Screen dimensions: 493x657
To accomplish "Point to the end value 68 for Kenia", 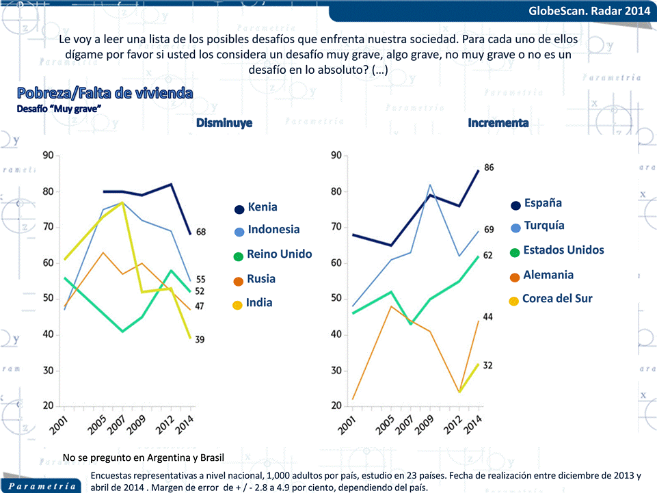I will click(x=201, y=232).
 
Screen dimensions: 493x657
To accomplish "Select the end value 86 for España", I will click(x=489, y=168).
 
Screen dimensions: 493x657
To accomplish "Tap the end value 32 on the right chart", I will click(x=487, y=366).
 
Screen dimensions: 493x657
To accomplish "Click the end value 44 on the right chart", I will click(x=489, y=317).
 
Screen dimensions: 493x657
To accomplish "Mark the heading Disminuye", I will click(x=224, y=124).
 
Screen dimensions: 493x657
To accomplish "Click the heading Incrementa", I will click(x=498, y=123).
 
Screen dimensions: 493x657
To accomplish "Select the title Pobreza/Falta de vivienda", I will click(x=105, y=93).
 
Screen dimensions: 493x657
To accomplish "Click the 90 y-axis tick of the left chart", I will click(x=48, y=156).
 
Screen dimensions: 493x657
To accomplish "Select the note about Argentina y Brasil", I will click(x=143, y=457).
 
